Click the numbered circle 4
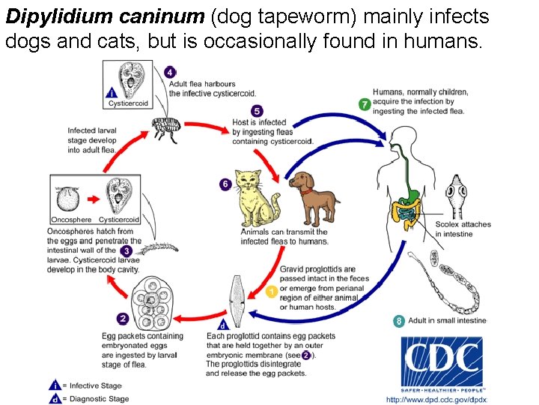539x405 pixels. click(x=171, y=73)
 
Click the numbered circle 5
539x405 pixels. click(x=257, y=111)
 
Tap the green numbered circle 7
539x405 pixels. click(x=365, y=105)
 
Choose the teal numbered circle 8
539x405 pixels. click(x=399, y=321)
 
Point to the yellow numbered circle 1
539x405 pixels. click(x=272, y=290)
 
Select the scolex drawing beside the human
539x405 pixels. click(x=456, y=195)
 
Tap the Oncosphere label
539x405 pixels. click(x=72, y=220)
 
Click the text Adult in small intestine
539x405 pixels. click(x=447, y=321)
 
